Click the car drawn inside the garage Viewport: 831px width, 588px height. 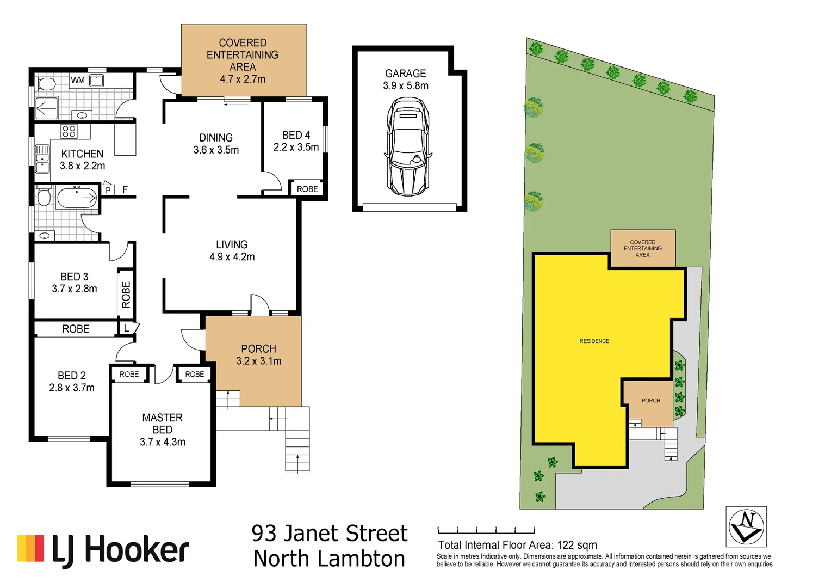pos(407,146)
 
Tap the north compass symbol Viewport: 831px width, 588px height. pos(746,526)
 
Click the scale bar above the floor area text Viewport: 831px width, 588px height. pos(486,530)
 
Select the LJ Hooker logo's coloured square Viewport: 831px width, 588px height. pos(30,548)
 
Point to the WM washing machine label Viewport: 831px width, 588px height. pos(78,81)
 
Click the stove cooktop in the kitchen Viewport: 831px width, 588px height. pos(69,131)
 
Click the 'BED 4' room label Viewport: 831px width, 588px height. pos(296,135)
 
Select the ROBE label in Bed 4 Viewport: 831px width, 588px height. pos(307,189)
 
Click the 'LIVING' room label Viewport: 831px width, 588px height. pos(232,244)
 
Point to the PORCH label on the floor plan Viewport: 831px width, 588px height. pos(258,348)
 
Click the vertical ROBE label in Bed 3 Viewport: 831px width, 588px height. pos(126,295)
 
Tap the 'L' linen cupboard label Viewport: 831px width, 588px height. pos(126,328)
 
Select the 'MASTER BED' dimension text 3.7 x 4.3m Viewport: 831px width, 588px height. pos(162,442)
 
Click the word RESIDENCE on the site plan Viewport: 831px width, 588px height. pos(594,341)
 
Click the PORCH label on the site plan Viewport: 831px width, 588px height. pos(650,401)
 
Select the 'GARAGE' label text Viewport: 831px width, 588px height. pos(405,73)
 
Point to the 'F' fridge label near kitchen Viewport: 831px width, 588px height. pos(125,189)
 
